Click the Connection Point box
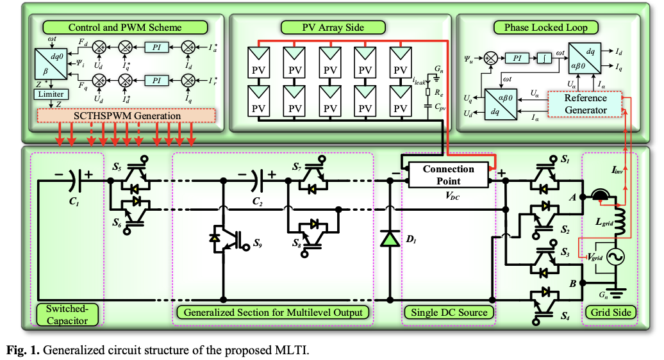click(x=448, y=174)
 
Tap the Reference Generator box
click(x=585, y=104)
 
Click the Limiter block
click(x=50, y=94)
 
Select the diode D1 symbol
click(x=389, y=238)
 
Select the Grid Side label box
click(x=610, y=313)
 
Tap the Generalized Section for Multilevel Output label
click(x=272, y=313)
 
